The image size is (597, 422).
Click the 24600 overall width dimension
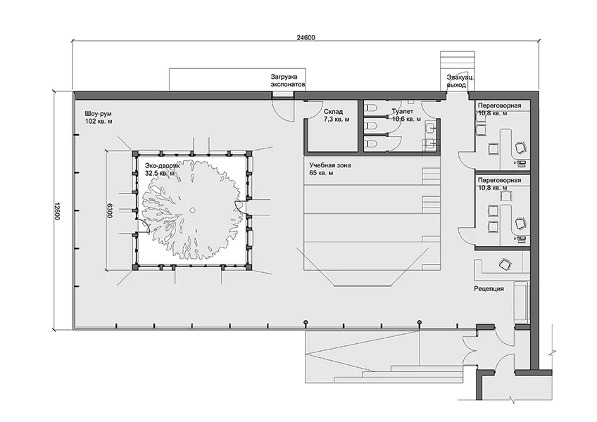[x=306, y=38]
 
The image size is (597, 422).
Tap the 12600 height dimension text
[x=57, y=210]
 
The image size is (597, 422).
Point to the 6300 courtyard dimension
[x=110, y=210]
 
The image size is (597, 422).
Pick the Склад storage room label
[x=334, y=112]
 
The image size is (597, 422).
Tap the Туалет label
[x=403, y=112]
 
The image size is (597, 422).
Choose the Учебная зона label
[x=330, y=165]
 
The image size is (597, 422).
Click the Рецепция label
[x=489, y=289]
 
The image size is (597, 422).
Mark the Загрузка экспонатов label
[x=288, y=81]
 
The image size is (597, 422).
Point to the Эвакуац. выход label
[x=460, y=82]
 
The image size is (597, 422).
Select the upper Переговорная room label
[x=500, y=105]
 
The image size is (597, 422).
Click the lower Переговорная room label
[x=500, y=180]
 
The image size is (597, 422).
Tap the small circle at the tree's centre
[x=192, y=210]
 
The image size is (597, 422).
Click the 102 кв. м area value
[x=99, y=122]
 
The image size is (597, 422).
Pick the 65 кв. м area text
[x=321, y=173]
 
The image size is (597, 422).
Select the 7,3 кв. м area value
[x=337, y=120]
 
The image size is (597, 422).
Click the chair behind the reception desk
[x=505, y=264]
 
